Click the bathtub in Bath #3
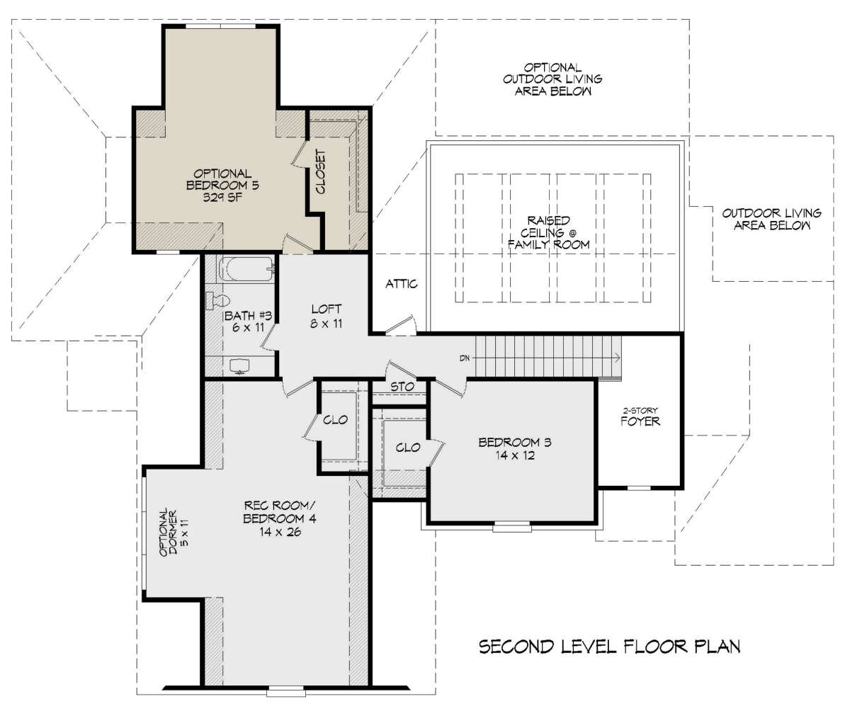[246, 268]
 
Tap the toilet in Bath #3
[217, 301]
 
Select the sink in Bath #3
[240, 365]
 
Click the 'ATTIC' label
[402, 284]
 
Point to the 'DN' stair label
[465, 358]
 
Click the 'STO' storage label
[402, 387]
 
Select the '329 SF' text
[222, 198]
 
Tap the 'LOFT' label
[327, 309]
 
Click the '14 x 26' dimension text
[280, 532]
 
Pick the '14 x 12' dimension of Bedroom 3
[515, 455]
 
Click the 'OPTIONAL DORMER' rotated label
[168, 532]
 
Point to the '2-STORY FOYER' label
[640, 418]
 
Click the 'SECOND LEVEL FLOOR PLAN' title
[609, 647]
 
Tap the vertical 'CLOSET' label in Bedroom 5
[321, 172]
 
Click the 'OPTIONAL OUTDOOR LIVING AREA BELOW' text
[552, 79]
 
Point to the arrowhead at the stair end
[618, 358]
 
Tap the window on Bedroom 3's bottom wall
[512, 527]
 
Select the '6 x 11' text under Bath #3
[249, 328]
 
